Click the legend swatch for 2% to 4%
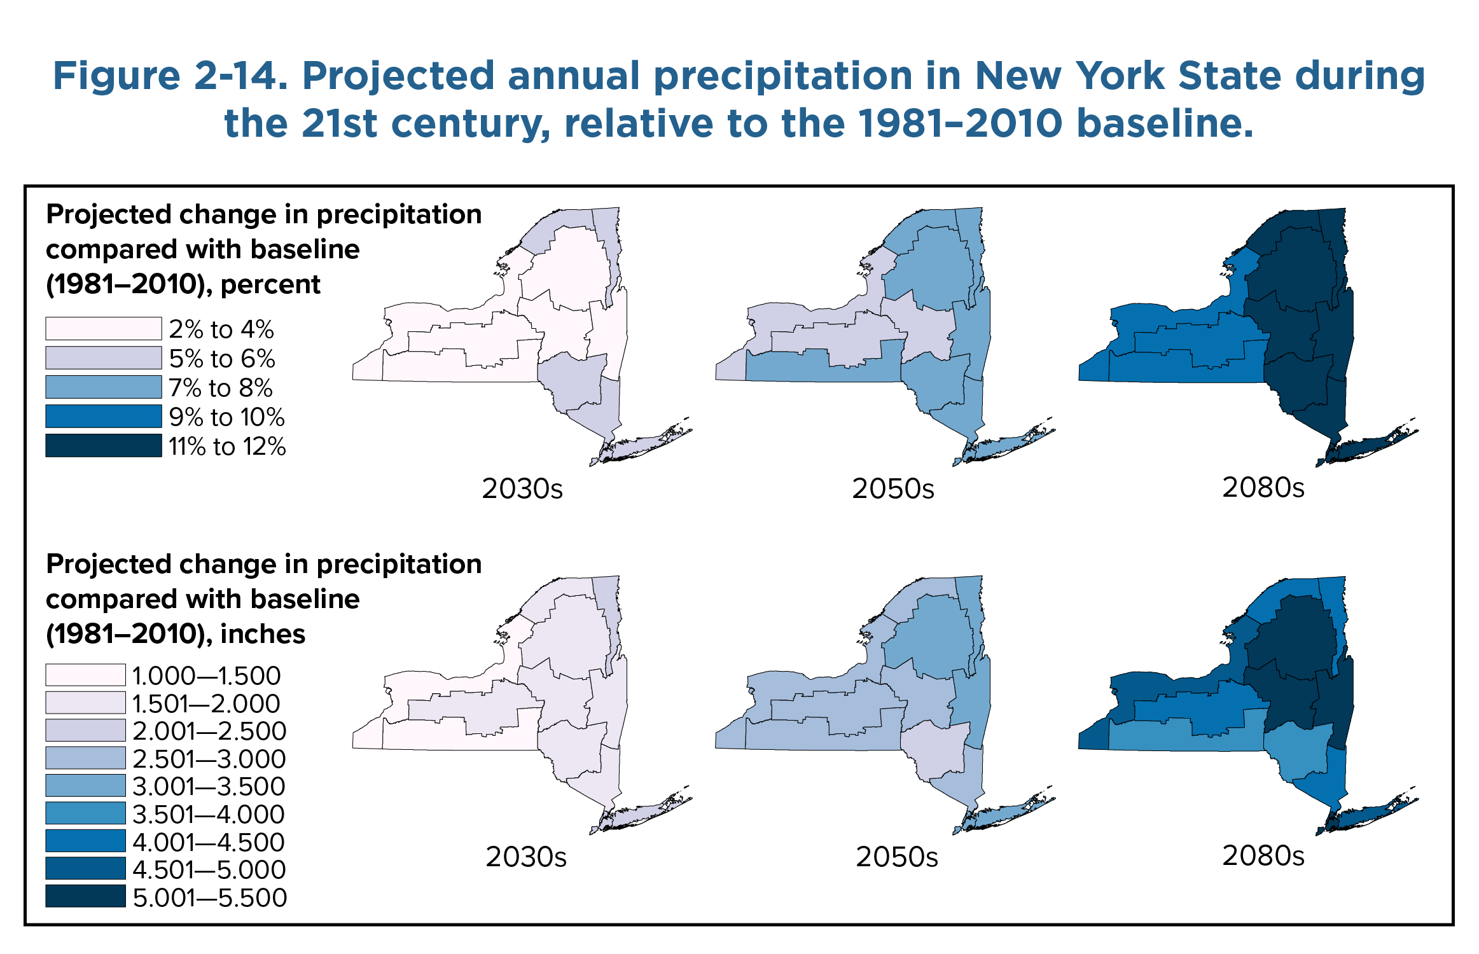click(103, 329)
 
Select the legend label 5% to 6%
click(221, 359)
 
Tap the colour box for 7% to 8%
click(103, 387)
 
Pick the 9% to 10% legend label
click(226, 417)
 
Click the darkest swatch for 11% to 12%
click(103, 446)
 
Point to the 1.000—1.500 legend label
click(206, 675)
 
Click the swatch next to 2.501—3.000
click(85, 758)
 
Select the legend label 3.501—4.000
click(209, 814)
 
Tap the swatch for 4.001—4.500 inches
click(85, 841)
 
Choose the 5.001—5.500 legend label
click(210, 897)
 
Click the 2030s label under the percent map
click(522, 488)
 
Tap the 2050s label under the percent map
click(893, 488)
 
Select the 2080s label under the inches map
click(1263, 856)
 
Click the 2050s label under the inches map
click(896, 857)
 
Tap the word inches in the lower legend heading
click(263, 634)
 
